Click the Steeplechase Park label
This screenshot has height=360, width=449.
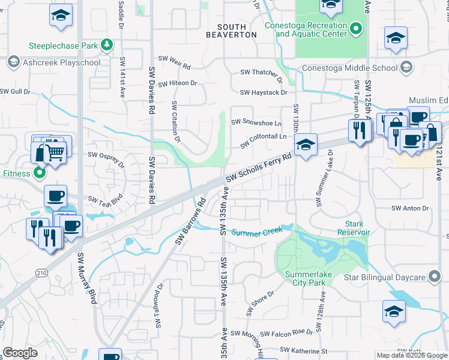click(x=64, y=46)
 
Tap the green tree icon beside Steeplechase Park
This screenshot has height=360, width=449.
click(x=107, y=45)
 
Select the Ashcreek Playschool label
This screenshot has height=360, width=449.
click(x=61, y=62)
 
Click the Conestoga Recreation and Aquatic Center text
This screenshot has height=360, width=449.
click(x=307, y=30)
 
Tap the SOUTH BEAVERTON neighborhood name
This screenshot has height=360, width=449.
click(x=232, y=31)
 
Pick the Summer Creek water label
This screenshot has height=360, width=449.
click(x=256, y=232)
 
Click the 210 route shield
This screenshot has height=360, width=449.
click(x=41, y=256)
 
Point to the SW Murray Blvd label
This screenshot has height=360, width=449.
click(x=86, y=278)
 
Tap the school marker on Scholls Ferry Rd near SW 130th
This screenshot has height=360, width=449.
click(x=306, y=145)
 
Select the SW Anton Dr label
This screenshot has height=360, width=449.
click(x=411, y=209)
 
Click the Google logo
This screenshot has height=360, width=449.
click(x=20, y=353)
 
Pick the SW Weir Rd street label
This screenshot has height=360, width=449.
click(x=174, y=59)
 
